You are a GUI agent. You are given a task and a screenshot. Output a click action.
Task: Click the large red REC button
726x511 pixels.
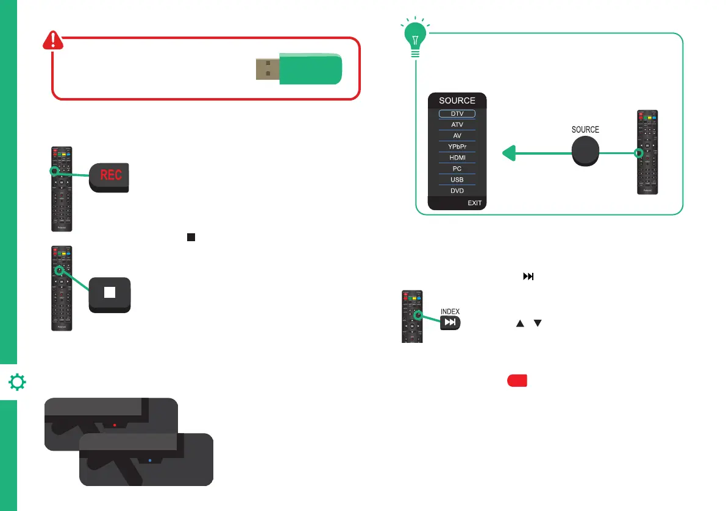[110, 177]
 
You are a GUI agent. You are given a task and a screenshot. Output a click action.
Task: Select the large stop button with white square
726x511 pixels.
[110, 294]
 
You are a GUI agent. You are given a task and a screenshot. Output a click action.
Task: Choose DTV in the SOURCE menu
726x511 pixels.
[457, 114]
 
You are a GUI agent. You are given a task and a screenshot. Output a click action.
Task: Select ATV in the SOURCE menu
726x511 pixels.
[457, 125]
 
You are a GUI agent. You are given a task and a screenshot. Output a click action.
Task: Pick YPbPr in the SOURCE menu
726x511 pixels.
[457, 147]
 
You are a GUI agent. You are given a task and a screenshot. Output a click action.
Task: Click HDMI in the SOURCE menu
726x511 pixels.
[457, 158]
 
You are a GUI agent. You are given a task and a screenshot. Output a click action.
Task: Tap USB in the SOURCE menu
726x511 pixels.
[457, 180]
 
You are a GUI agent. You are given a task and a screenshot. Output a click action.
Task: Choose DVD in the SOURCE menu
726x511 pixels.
[457, 191]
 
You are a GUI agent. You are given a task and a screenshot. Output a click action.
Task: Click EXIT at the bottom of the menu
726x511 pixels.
[474, 203]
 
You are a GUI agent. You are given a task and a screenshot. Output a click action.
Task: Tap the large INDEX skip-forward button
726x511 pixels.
[450, 323]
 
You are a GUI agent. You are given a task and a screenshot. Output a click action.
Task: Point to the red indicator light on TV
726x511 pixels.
[115, 425]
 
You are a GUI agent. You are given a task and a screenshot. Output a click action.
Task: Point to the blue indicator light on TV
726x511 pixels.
[150, 460]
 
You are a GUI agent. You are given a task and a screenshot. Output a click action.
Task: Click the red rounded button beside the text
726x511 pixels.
[516, 380]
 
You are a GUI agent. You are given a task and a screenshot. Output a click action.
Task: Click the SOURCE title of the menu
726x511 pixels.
[457, 100]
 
